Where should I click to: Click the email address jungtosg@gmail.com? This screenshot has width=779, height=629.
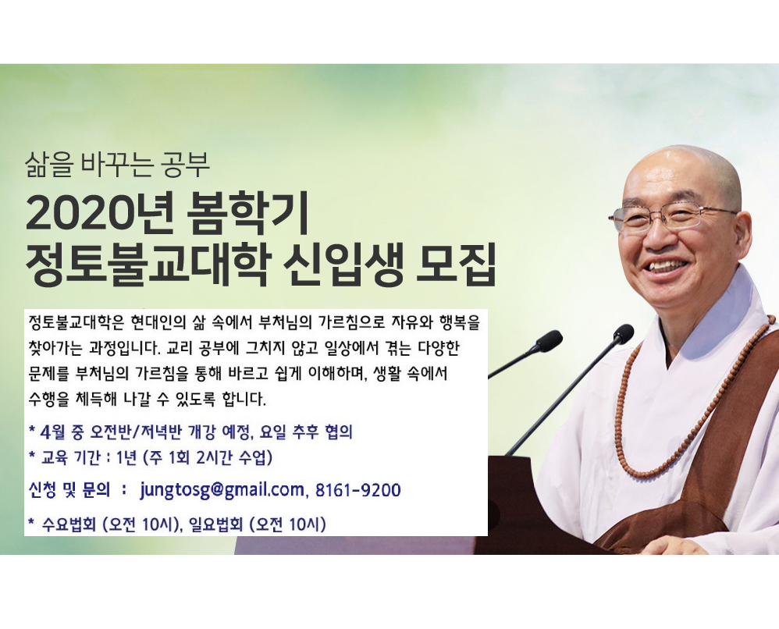222,490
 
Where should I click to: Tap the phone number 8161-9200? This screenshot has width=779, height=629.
357,490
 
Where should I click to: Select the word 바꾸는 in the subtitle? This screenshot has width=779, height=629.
116,165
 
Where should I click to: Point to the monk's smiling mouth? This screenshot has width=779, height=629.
667,267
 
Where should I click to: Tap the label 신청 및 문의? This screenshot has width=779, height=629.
69,490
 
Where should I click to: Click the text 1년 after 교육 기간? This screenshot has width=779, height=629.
126,457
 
